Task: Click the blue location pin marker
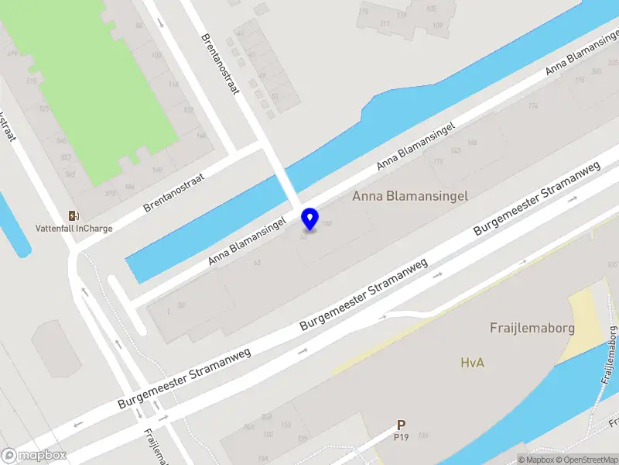coord(310,219)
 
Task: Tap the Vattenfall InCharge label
coord(74,229)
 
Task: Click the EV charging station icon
coord(74,215)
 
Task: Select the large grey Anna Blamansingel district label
coord(410,196)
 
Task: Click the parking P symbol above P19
coord(401,425)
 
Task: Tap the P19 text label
coord(401,437)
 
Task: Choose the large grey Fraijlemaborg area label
coord(532,328)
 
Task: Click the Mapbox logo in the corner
coord(34,456)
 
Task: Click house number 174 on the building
coord(532,106)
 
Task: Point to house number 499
coord(11,53)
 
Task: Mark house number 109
coord(438,26)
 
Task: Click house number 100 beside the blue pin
coord(327,224)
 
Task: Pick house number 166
coord(472,142)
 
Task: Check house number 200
coord(597,71)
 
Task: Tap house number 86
coord(139,26)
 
